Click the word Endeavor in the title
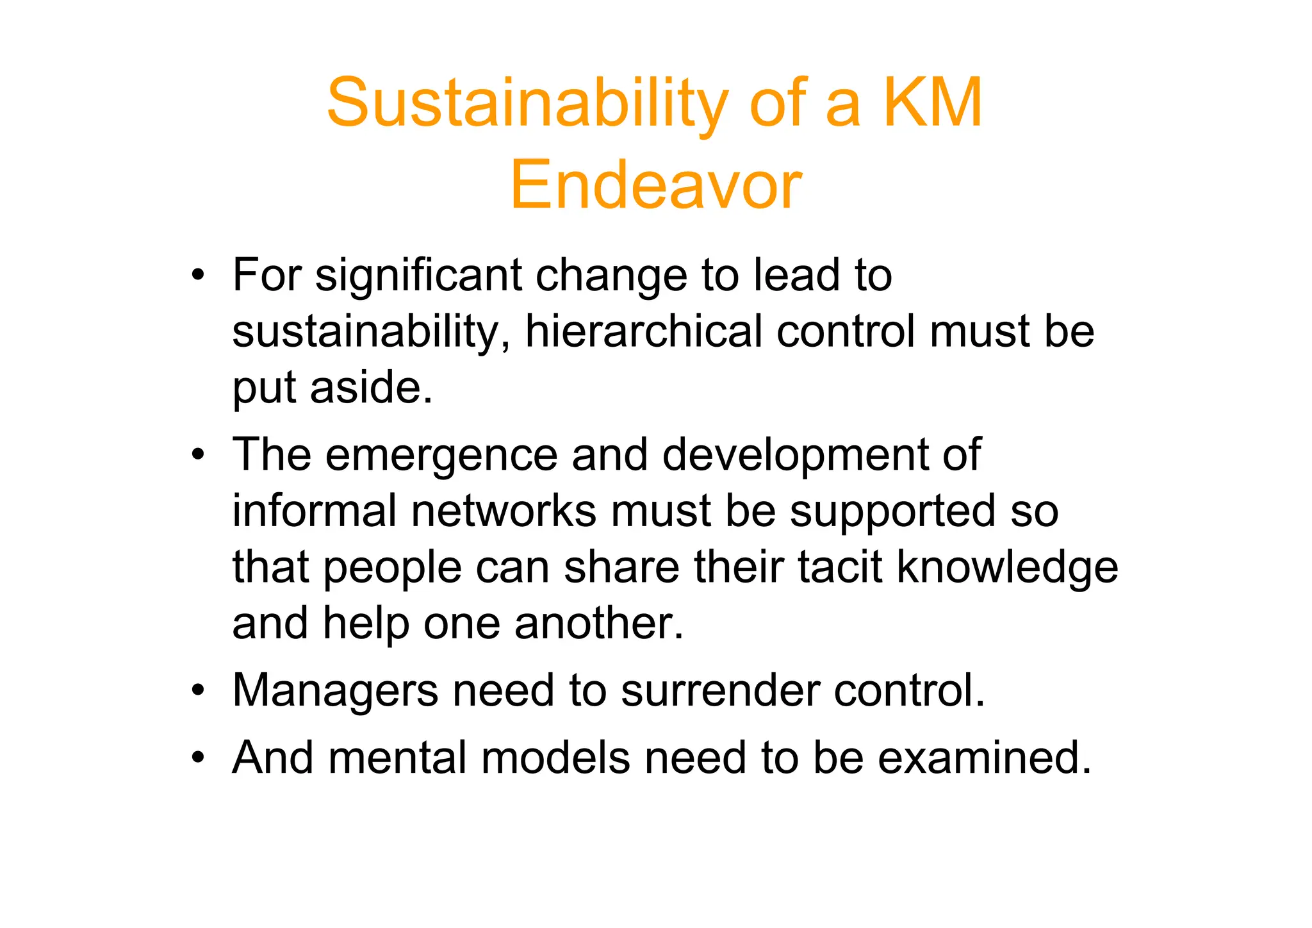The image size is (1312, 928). (655, 185)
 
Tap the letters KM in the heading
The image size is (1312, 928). (933, 103)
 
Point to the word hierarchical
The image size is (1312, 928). (643, 332)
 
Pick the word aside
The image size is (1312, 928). (372, 388)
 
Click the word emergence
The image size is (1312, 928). (441, 455)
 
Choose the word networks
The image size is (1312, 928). (504, 511)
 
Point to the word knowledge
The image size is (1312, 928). (1007, 568)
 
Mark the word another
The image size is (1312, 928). (599, 623)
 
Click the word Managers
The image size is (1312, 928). (335, 692)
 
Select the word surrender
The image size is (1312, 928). (720, 690)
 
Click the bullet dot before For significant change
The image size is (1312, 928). (198, 276)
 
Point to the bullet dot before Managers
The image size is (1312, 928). (198, 691)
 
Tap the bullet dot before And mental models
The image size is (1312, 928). (198, 758)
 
